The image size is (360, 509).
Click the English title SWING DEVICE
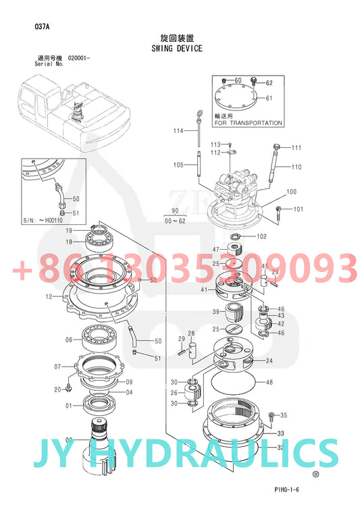pos(177,49)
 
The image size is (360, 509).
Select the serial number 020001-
pos(79,59)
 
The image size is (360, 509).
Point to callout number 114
pos(178,130)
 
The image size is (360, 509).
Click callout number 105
pos(178,165)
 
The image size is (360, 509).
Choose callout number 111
pos(296,147)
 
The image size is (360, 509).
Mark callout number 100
pos(291,192)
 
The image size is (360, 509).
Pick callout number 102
pos(262,236)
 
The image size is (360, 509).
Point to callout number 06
pos(69,340)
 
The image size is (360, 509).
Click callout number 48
pos(269,383)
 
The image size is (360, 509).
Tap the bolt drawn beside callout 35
pos(271,415)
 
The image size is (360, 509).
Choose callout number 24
pos(269,361)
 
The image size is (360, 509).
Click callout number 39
pos(215,311)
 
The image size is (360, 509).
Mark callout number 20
pos(58,389)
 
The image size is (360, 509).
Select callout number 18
pos(69,242)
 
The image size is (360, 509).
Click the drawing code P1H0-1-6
pos(287,491)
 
